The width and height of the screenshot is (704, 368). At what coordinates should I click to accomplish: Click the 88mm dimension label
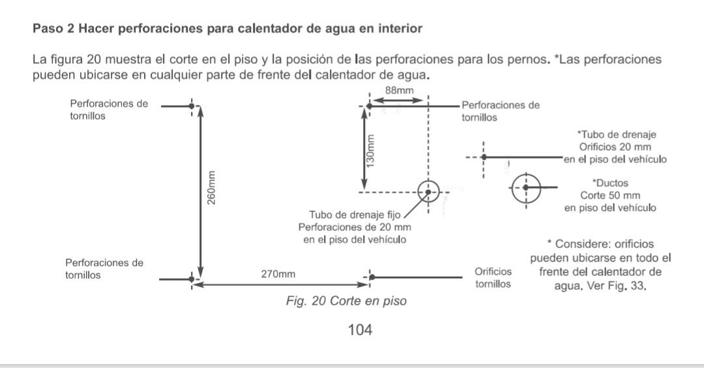point(399,90)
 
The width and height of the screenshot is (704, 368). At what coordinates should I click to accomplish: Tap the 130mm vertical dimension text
point(370,151)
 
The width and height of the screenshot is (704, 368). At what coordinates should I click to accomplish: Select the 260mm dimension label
point(211,188)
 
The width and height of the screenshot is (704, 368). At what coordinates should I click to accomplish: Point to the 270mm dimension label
point(278,274)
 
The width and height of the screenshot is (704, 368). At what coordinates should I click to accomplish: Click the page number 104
point(360,330)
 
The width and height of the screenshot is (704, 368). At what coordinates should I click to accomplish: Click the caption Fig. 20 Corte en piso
point(346,301)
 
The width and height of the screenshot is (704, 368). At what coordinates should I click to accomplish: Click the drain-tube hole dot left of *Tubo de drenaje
point(484,157)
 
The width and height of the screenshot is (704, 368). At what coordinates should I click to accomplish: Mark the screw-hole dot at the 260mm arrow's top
point(191,106)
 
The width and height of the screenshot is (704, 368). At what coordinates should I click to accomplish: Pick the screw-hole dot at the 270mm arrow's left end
point(191,279)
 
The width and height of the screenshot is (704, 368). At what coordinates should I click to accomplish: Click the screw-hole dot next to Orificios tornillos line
point(372,277)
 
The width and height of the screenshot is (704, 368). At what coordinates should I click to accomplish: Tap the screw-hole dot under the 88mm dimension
point(369,106)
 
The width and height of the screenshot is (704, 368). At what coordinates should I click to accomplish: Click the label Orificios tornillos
point(493,278)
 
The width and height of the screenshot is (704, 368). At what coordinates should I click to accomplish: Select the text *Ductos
point(610,183)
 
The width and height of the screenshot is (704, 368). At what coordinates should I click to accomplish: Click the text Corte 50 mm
point(610,196)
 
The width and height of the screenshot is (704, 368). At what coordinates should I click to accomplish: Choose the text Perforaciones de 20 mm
point(355,227)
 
